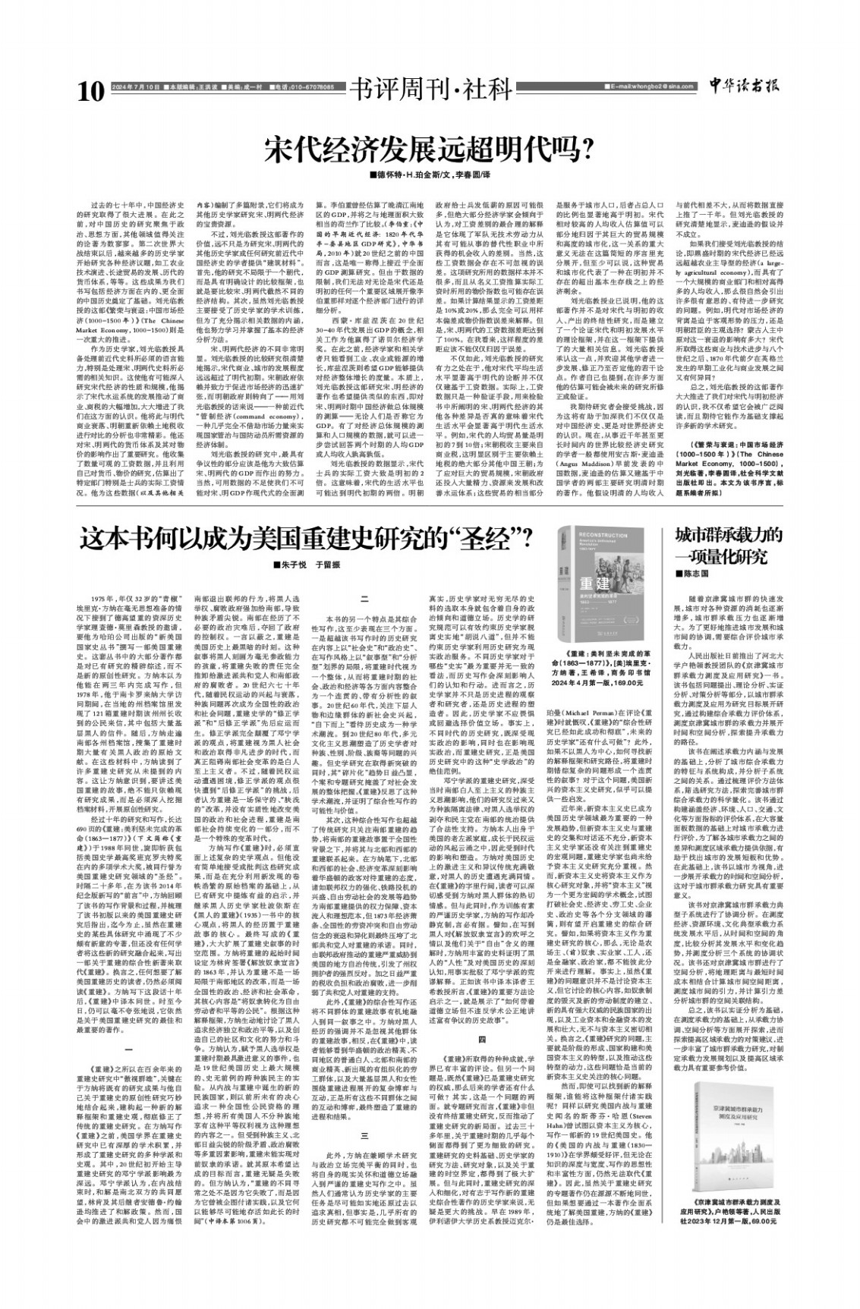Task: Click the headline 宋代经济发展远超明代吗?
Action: [429, 149]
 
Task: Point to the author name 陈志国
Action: [701, 574]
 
